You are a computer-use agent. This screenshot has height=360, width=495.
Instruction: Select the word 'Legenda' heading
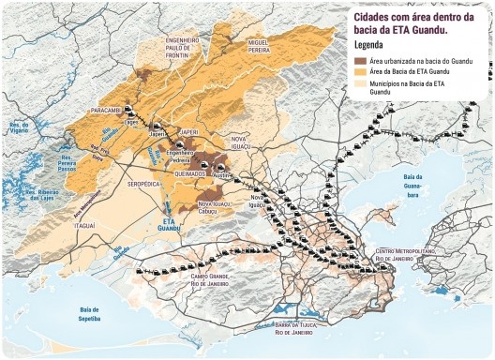370,45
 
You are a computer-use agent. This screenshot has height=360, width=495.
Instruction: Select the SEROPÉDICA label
145,185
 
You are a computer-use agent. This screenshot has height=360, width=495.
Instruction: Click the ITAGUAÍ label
84,226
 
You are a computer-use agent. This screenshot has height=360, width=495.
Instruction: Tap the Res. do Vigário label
18,127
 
